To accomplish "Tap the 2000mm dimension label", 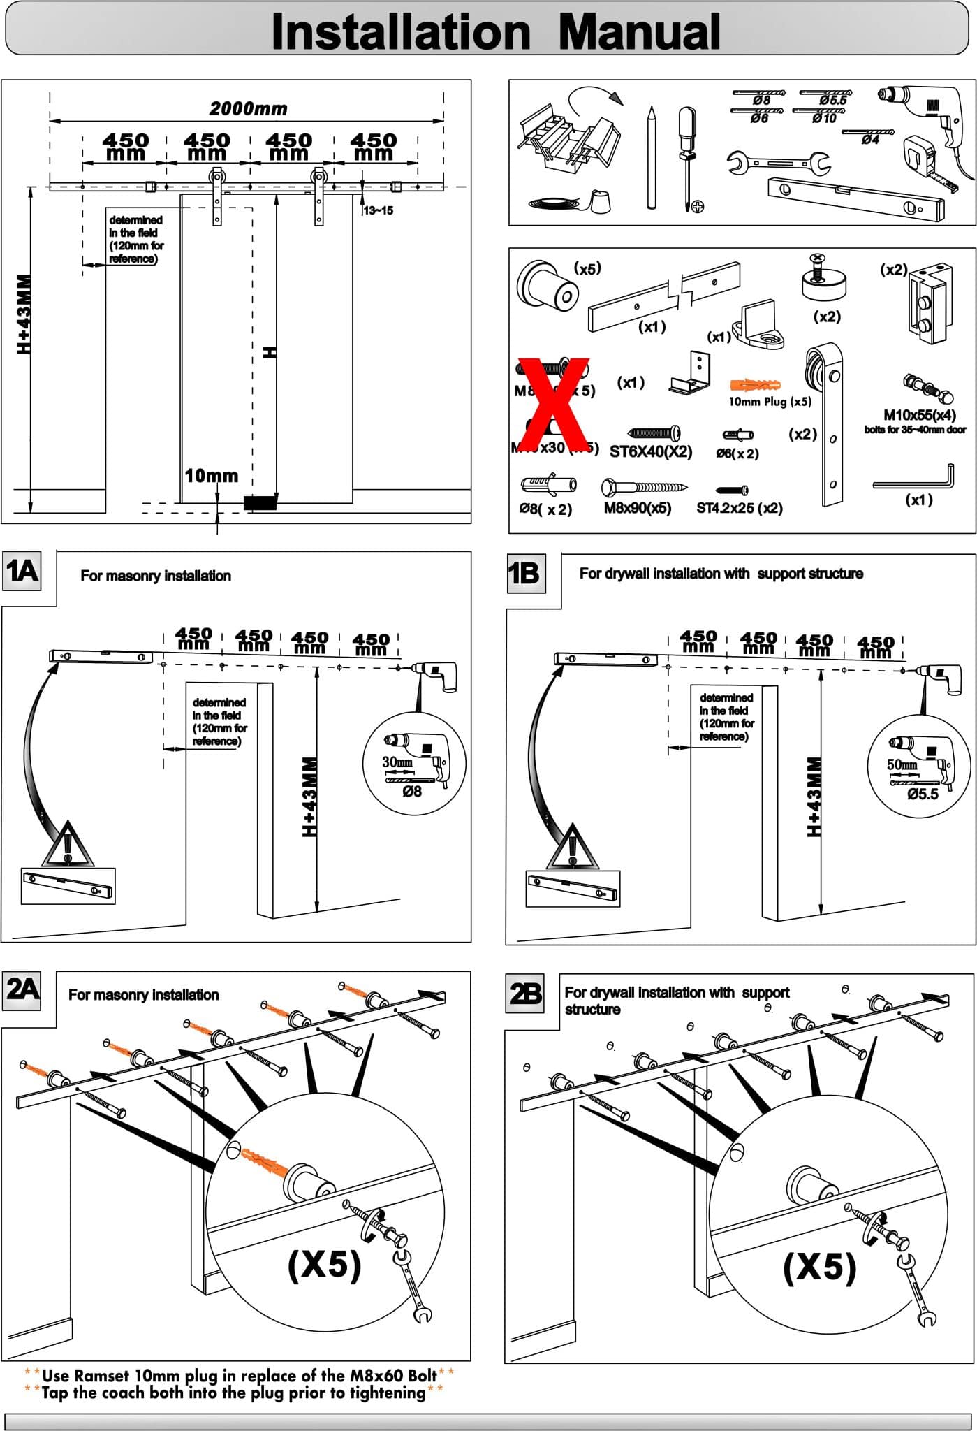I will point(249,108).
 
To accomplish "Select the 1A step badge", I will point(21,571).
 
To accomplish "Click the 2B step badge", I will point(525,992).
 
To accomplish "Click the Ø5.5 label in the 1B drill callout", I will point(923,794).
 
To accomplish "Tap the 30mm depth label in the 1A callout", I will point(397,762).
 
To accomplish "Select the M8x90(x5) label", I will point(637,508).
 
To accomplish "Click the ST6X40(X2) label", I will point(651,451).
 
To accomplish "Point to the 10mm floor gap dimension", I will point(211,476).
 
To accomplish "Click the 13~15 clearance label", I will point(378,210).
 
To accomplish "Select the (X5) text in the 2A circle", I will point(325,1263).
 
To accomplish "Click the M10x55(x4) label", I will point(919,415).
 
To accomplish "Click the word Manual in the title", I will point(639,32).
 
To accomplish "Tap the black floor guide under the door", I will point(260,501).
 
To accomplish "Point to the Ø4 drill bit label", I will point(870,140).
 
